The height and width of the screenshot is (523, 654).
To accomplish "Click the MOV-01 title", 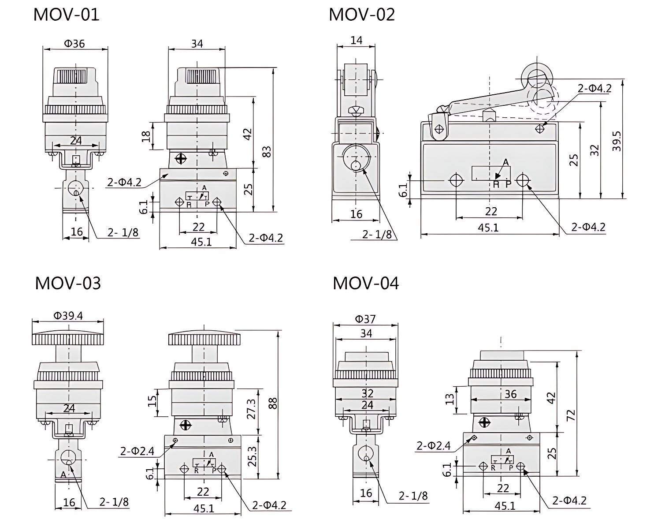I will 66,14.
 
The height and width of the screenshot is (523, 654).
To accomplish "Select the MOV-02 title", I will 361,14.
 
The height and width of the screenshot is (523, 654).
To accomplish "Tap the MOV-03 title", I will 68,283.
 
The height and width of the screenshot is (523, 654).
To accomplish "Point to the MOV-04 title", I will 365,283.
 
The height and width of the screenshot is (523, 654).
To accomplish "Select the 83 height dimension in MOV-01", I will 266,151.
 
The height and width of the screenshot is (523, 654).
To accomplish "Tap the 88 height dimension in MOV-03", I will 273,403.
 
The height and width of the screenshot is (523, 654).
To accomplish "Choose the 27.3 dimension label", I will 251,409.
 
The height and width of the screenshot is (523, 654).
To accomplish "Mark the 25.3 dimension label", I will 251,456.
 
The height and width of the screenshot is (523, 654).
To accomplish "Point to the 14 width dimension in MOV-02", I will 356,40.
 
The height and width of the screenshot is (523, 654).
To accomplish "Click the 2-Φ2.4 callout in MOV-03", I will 137,451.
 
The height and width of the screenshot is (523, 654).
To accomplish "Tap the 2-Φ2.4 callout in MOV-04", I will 434,445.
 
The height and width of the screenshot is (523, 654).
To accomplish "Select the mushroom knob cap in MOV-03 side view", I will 204,338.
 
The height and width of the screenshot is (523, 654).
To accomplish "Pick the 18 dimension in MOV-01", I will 146,136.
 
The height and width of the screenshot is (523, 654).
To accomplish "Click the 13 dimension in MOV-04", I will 450,399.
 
